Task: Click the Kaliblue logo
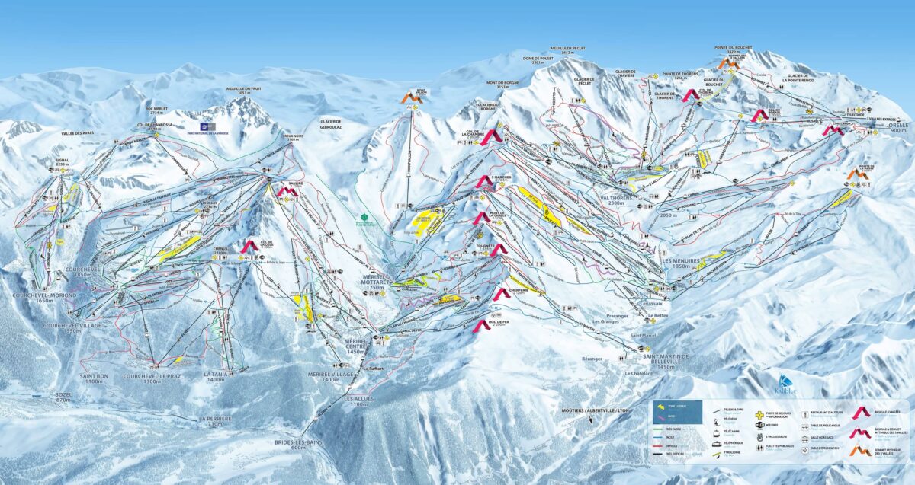pos(785,384)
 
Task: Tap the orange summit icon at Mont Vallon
pos(412,97)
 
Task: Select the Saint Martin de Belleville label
pos(665,361)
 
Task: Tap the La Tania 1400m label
pos(215,376)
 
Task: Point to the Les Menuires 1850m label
pos(676,263)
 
